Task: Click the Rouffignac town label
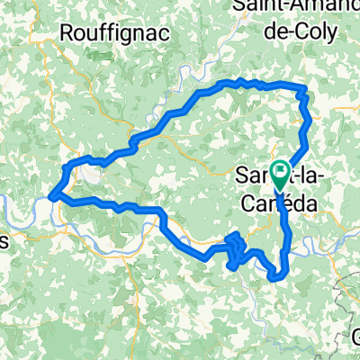pyautogui.click(x=104, y=33)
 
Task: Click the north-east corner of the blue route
pyautogui.click(x=304, y=88)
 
